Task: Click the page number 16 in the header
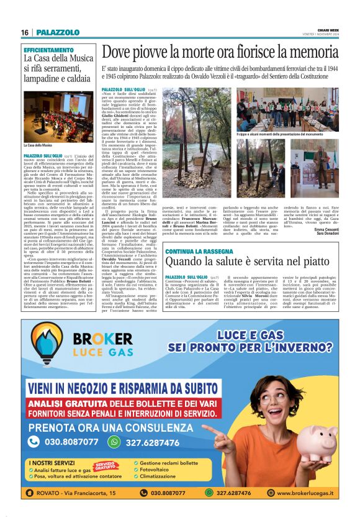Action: point(25,32)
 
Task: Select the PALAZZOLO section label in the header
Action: point(57,32)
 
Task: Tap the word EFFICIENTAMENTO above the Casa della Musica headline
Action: point(48,50)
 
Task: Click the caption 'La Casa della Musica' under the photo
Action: point(38,145)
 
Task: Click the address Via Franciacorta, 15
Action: point(86,493)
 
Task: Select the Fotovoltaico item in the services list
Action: point(159,470)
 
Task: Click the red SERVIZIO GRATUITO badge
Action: point(105,465)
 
